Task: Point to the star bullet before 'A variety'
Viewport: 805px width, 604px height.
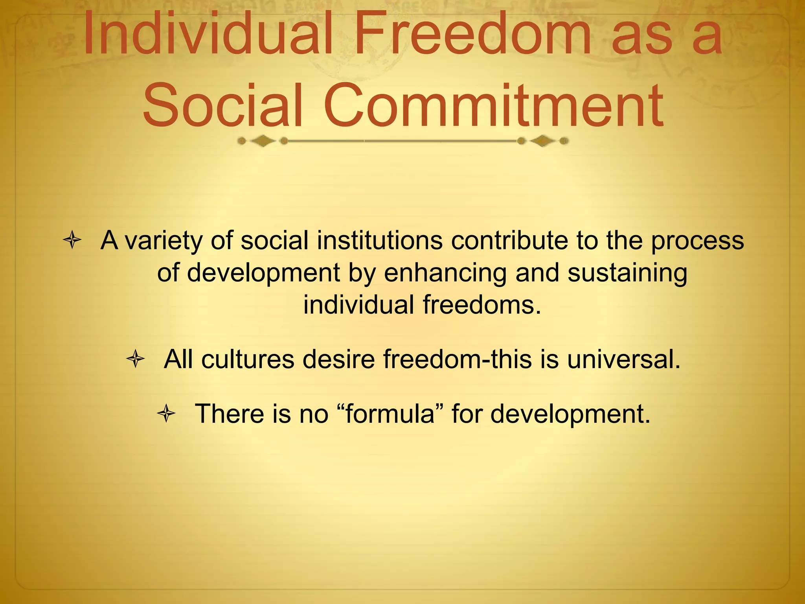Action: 72,240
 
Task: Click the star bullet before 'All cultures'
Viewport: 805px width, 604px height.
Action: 136,359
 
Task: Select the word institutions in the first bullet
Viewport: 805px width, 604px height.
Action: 380,241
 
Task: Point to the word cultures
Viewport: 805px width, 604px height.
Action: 248,360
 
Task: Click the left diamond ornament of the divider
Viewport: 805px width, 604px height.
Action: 263,141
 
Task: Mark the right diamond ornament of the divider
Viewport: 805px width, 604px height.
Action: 543,141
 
